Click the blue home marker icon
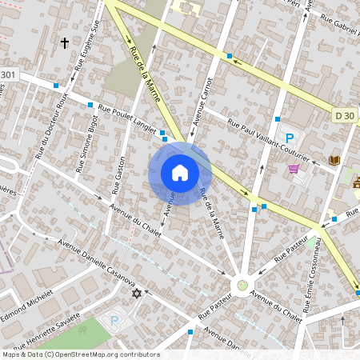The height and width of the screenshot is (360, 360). coord(180,172)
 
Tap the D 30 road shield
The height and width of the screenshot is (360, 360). coord(345,116)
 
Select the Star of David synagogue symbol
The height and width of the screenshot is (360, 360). coord(136,294)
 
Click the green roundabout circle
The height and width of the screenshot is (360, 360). coord(241,285)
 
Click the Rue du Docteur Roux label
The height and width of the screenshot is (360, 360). coord(51,124)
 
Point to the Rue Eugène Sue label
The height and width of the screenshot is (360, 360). coord(87,37)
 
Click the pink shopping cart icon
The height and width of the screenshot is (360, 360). coord(294,169)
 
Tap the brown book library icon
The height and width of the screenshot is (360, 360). coord(334,161)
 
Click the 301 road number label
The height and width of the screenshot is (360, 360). coord(7,75)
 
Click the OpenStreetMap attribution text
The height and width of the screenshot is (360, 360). coord(80,354)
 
